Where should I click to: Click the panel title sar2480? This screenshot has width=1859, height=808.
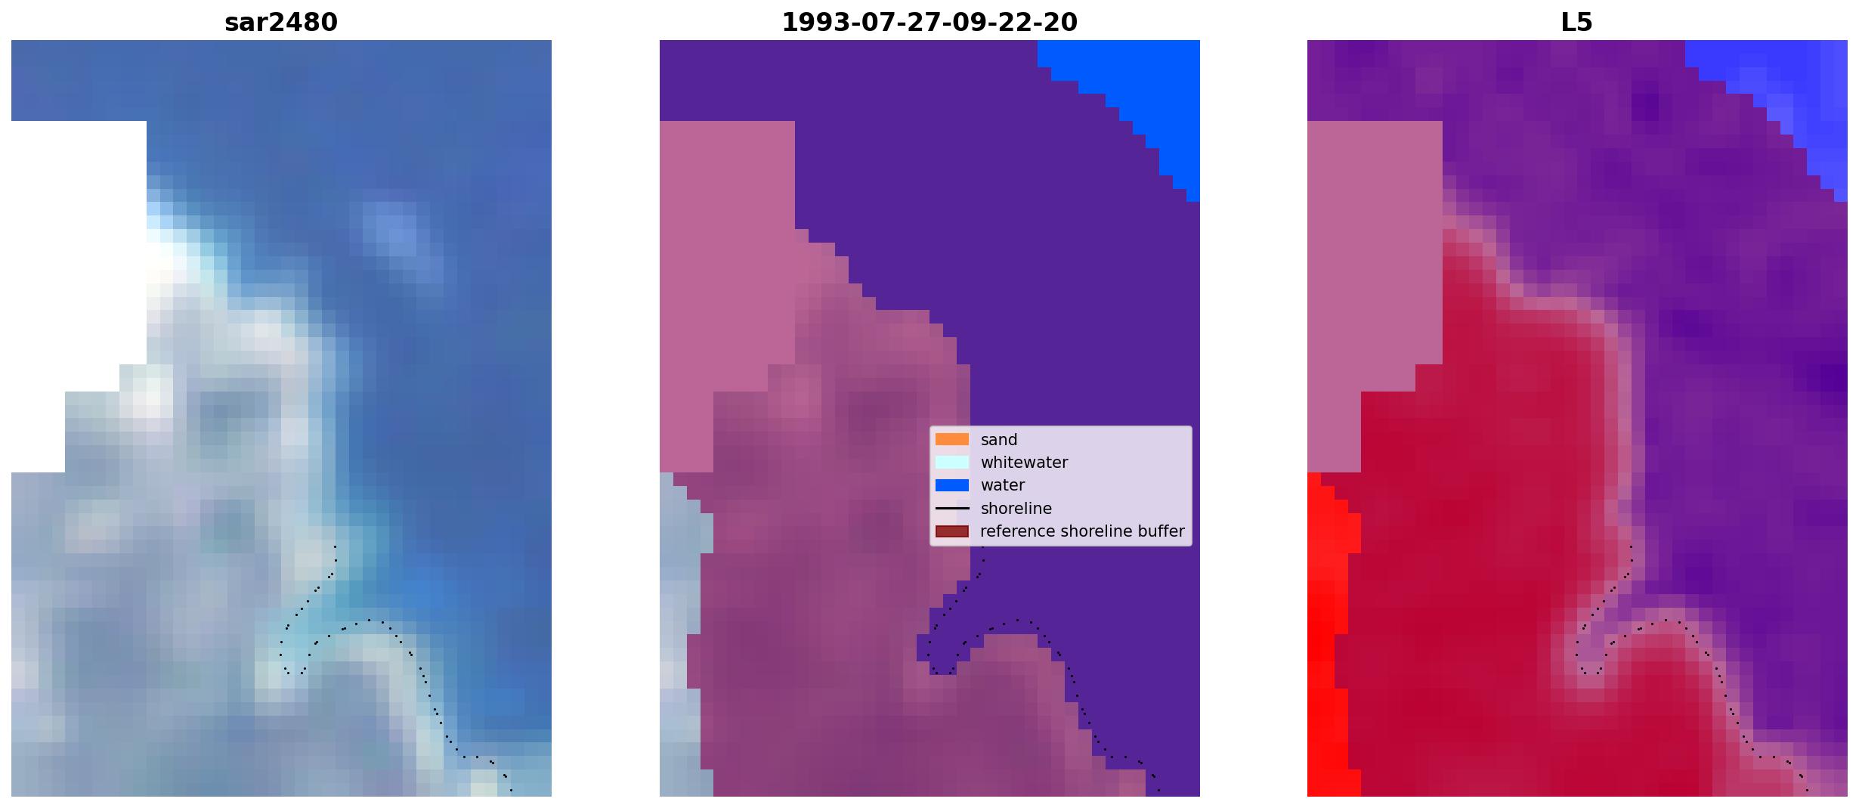pos(281,23)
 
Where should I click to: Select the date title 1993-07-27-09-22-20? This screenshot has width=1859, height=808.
pos(929,23)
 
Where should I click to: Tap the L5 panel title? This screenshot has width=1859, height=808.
pos(1577,23)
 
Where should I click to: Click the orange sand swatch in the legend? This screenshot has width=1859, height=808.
pos(952,439)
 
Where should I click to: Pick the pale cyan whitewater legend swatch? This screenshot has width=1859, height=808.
pos(952,462)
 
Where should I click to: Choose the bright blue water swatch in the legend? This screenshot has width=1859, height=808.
pos(952,485)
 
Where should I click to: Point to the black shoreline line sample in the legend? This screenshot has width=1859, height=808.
pos(952,509)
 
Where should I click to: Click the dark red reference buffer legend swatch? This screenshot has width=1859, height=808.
pos(952,531)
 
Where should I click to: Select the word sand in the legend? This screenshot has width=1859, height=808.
pos(999,440)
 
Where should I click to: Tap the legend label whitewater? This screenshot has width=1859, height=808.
pos(1024,463)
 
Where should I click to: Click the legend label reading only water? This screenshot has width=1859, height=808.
pos(1003,485)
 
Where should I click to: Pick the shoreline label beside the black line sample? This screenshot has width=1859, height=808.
pos(1016,509)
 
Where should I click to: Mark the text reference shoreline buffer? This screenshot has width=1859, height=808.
pos(1082,531)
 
